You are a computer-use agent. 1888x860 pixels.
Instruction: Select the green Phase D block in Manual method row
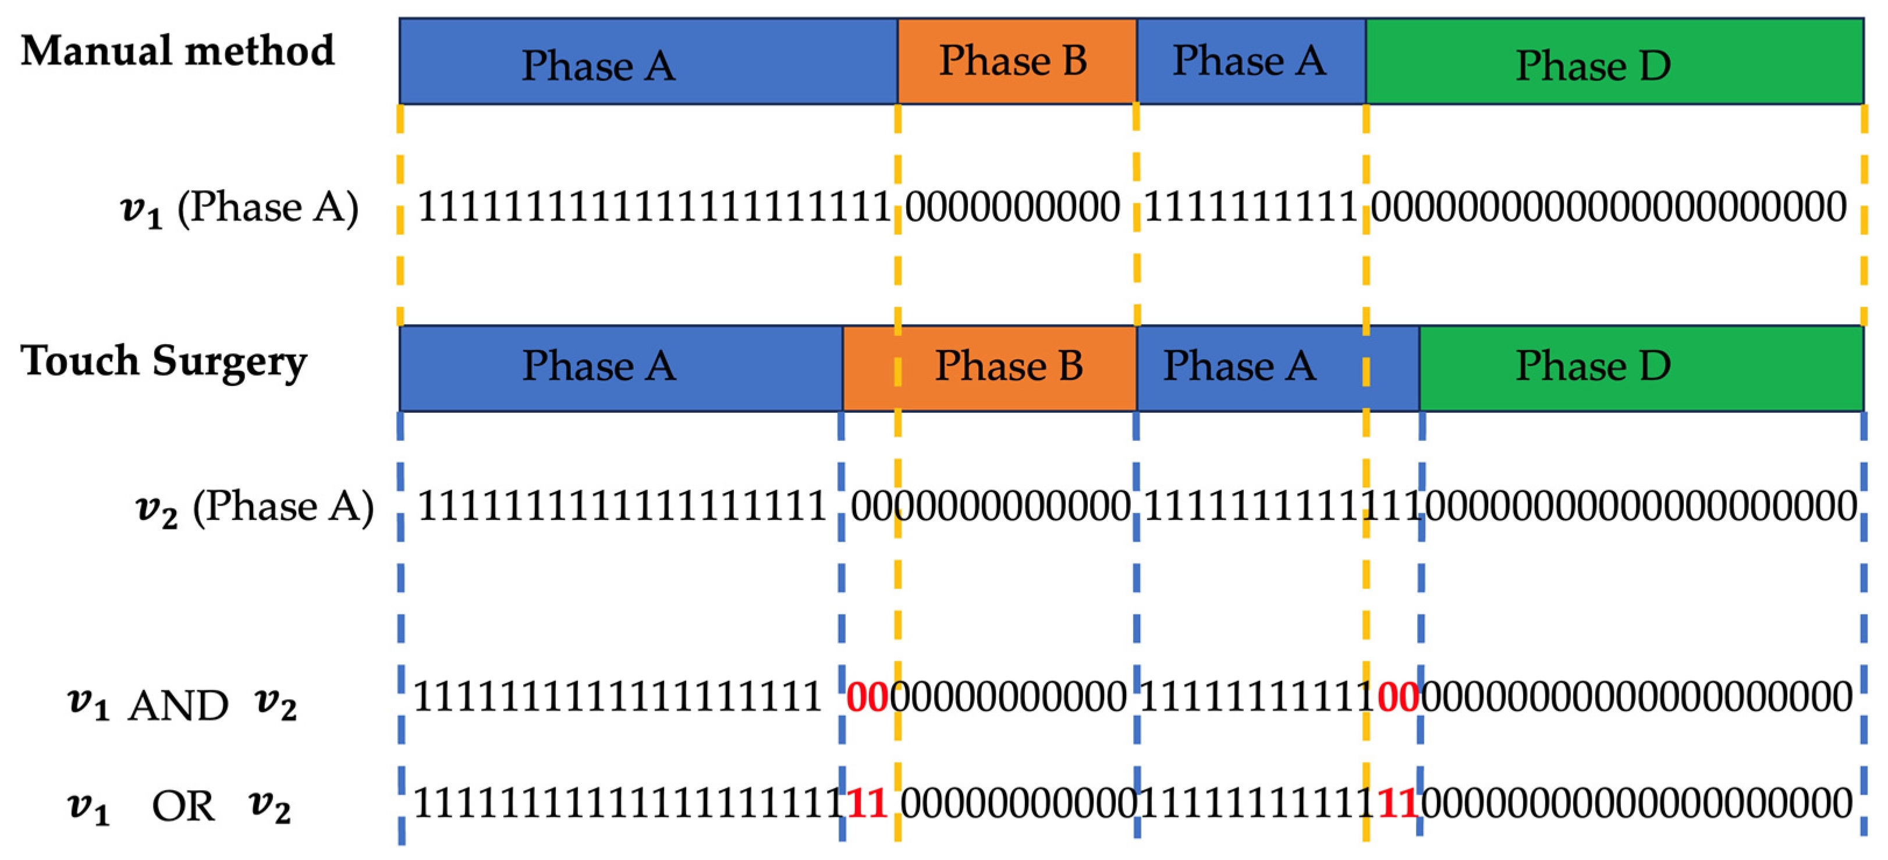1614,62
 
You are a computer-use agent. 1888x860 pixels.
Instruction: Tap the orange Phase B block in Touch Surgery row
989,367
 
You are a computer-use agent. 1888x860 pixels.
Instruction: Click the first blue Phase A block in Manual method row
648,62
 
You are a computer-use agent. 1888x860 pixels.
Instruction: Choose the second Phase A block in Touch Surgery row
1277,367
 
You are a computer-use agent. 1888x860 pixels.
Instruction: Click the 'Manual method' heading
178,51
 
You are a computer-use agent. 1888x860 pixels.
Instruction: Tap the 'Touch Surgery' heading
164,362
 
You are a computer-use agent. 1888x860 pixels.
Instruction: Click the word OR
183,807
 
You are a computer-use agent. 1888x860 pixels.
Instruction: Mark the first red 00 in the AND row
867,696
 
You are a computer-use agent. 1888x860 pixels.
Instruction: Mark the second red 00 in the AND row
1398,696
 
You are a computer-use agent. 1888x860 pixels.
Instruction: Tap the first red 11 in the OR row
867,803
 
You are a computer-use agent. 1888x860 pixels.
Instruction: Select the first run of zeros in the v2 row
989,506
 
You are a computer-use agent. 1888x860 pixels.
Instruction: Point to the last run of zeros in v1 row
1608,207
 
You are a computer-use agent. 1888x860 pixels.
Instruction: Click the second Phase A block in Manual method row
1250,62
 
